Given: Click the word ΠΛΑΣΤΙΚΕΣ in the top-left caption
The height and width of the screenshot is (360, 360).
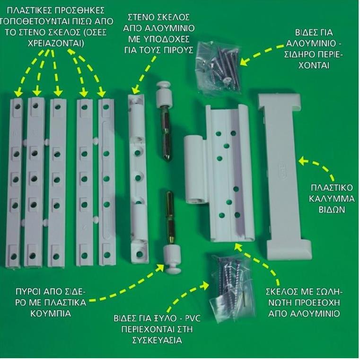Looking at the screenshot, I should pyautogui.click(x=26, y=10).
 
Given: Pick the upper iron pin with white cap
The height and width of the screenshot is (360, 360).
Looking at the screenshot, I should pyautogui.click(x=164, y=121).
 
